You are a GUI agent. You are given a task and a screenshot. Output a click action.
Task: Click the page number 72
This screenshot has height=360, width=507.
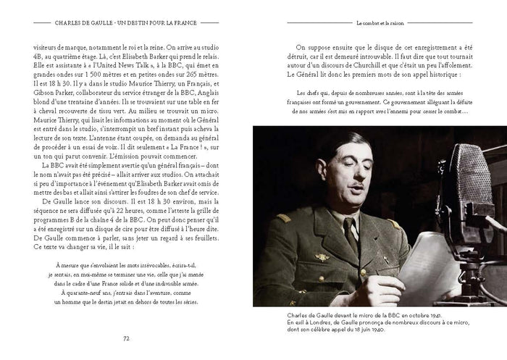click(127, 337)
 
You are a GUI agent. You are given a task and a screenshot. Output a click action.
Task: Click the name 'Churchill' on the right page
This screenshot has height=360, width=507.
click(380, 64)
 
